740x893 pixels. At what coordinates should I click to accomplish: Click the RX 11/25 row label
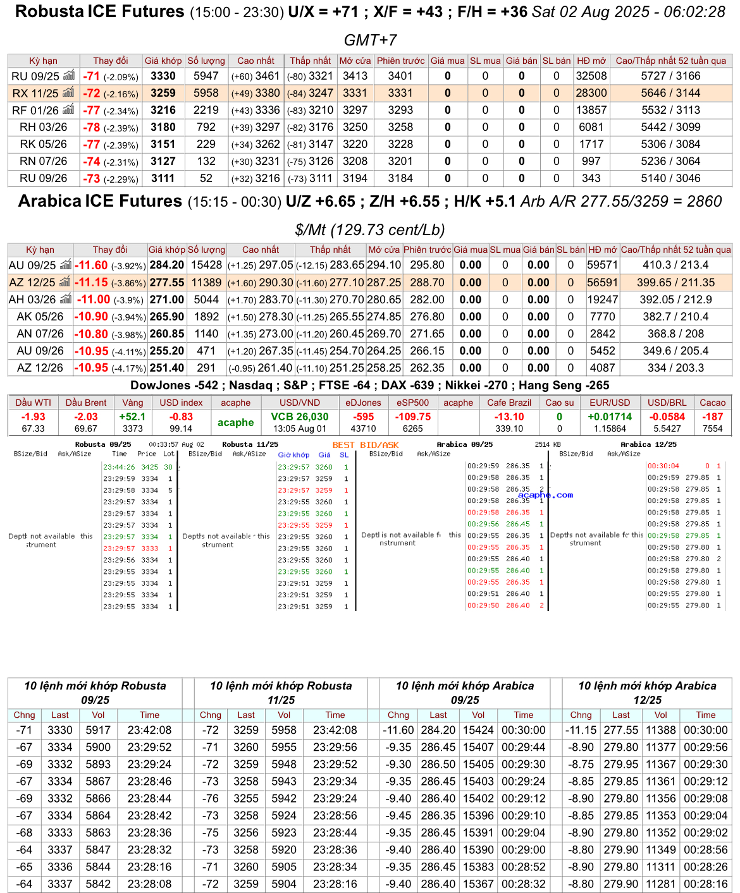(x=35, y=93)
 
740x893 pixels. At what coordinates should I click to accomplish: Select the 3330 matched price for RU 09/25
(x=163, y=76)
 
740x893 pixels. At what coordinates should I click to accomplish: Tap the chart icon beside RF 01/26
(x=68, y=109)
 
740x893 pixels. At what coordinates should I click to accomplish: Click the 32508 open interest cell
(x=591, y=76)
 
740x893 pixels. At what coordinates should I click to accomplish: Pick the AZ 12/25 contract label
(x=32, y=282)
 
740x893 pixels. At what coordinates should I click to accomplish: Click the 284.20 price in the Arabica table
(x=167, y=265)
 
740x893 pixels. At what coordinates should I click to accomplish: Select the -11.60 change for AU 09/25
(x=91, y=265)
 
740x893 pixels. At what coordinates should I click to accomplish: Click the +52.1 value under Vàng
(x=132, y=416)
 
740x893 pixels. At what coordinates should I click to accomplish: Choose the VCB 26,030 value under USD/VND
(x=300, y=416)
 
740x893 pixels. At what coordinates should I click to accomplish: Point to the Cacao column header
(x=712, y=403)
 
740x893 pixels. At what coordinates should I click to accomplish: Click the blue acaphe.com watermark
(x=545, y=495)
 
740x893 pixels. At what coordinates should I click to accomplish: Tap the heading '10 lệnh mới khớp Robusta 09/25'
(x=95, y=693)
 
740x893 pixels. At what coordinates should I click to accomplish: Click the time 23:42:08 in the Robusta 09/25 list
(x=149, y=730)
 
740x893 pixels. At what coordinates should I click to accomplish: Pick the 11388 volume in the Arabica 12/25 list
(x=660, y=730)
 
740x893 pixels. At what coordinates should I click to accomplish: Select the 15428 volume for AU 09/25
(x=206, y=265)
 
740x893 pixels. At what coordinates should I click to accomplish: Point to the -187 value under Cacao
(x=712, y=416)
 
